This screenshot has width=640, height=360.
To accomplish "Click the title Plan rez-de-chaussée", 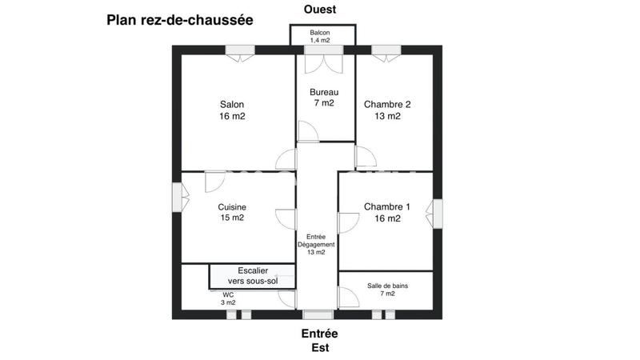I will coord(179,20).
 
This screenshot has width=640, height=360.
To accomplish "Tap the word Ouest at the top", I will coord(320,10).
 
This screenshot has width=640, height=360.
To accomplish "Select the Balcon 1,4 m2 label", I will coord(322,36).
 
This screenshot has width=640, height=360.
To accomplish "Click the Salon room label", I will coord(232,110).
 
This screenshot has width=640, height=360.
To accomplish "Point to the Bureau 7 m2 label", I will coord(324,98).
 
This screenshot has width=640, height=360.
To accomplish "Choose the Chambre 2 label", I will coord(387,110).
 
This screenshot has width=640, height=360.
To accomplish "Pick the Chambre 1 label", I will coord(387,212).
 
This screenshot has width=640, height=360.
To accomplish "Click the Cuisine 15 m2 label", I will coord(232,212).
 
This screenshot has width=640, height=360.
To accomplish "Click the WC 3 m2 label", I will coord(229,298).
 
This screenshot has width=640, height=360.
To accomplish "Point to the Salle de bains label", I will coord(387,289).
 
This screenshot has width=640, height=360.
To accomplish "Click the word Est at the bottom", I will coord(319,348).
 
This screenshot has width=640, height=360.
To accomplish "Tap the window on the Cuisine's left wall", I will coord(177,197).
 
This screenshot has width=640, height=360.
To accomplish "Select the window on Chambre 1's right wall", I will coord(437,213).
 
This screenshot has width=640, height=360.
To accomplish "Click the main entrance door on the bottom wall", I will coord(318,314).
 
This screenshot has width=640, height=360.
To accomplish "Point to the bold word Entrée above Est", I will coord(319,334).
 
